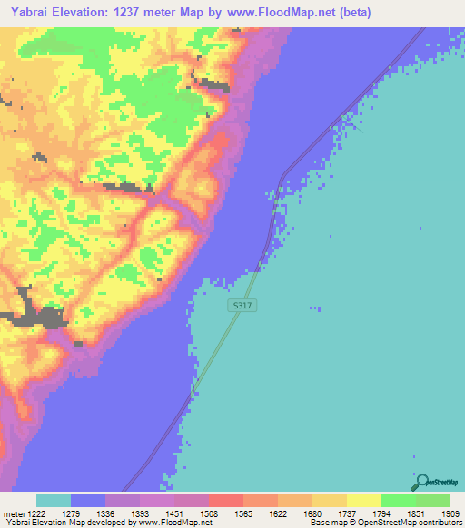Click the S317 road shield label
[242, 307]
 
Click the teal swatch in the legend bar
[54, 501]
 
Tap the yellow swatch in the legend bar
[363, 501]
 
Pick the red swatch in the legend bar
[225, 501]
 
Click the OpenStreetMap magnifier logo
[421, 482]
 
